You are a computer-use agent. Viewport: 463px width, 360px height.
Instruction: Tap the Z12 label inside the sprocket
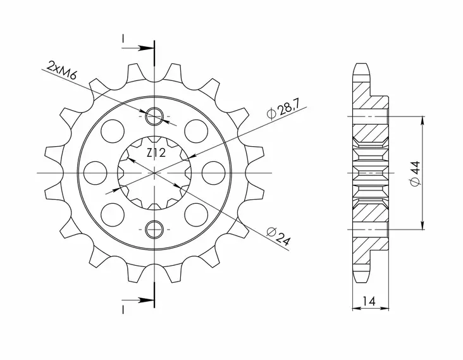tap(156, 152)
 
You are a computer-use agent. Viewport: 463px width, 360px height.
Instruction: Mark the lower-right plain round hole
tap(197, 213)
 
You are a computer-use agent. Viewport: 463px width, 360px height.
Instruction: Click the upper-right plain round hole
tap(197, 131)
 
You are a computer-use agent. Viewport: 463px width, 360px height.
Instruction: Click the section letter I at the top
tap(123, 39)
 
